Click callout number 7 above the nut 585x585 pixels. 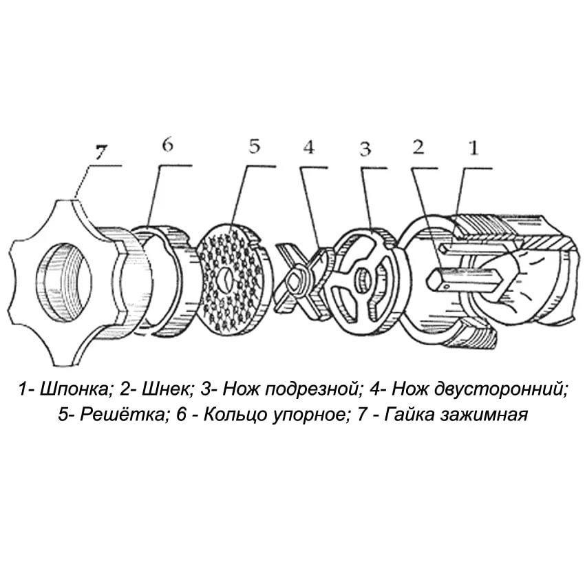(100, 152)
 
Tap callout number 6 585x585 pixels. (168, 144)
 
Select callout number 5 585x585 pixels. (255, 146)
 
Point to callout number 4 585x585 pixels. (308, 147)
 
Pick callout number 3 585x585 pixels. (365, 149)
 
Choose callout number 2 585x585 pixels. (418, 147)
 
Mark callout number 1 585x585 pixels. (474, 147)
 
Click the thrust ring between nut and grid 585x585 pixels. (164, 281)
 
